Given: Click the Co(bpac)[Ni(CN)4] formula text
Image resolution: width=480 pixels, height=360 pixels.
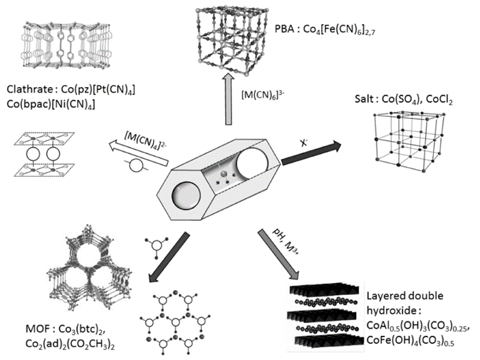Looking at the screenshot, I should coord(54,106).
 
